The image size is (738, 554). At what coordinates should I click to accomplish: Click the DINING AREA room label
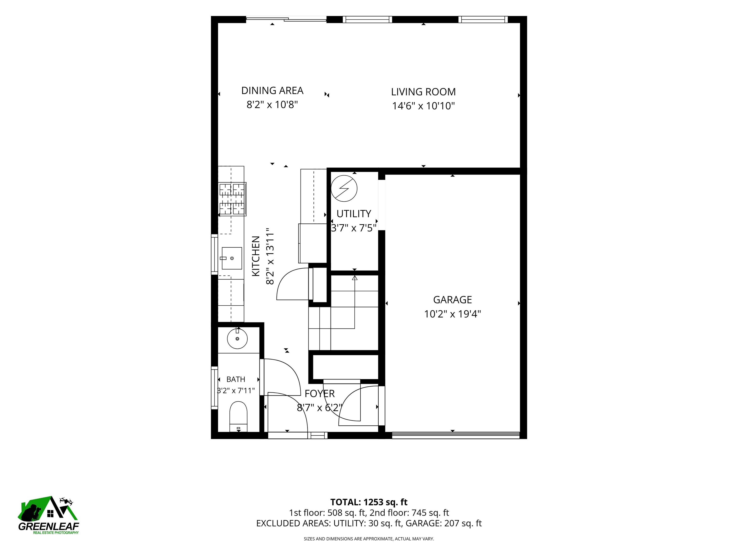tap(272, 90)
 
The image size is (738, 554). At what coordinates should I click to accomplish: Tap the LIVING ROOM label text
tap(423, 92)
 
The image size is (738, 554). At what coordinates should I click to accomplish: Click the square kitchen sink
tap(232, 258)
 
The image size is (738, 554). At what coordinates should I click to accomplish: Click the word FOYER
tap(320, 394)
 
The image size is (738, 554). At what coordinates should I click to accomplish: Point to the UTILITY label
tap(354, 214)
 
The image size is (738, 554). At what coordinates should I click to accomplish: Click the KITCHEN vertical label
tap(256, 256)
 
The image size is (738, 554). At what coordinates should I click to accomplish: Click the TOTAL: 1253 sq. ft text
tap(369, 502)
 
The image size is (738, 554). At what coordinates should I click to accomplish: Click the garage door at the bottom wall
tap(456, 435)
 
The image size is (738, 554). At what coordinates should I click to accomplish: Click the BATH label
tap(236, 379)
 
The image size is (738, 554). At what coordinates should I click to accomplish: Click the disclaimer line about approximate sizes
tap(369, 539)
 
